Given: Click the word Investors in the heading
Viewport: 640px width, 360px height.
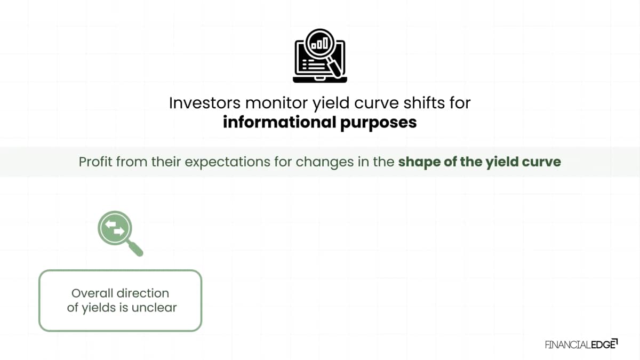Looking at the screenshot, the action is pyautogui.click(x=205, y=103).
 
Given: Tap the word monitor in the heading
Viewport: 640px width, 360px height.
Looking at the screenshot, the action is pyautogui.click(x=277, y=103).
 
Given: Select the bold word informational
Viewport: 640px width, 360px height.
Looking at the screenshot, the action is pyautogui.click(x=279, y=122).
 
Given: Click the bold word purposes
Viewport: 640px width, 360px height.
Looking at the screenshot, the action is pyautogui.click(x=378, y=123).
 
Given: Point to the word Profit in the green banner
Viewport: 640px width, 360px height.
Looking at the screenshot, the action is pyautogui.click(x=95, y=162).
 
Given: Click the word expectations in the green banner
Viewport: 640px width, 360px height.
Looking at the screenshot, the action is pyautogui.click(x=227, y=162).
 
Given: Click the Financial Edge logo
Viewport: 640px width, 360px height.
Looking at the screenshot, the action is pyautogui.click(x=581, y=344).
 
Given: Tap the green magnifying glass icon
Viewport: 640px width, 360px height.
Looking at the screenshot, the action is pyautogui.click(x=120, y=233).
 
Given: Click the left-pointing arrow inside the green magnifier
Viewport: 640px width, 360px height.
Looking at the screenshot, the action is pyautogui.click(x=110, y=224).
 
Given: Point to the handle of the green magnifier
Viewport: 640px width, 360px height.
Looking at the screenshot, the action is pyautogui.click(x=135, y=248).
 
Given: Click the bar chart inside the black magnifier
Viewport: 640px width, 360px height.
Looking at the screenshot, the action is pyautogui.click(x=319, y=44).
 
